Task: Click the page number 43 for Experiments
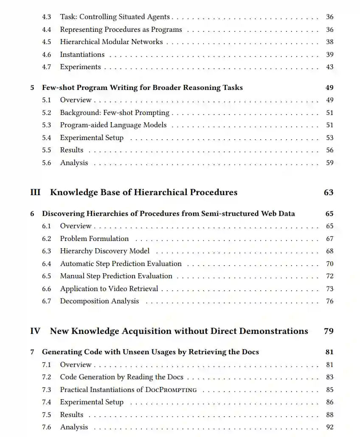[329, 67]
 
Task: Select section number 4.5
[46, 42]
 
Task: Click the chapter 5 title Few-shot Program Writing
[142, 88]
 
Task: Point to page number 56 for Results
[329, 150]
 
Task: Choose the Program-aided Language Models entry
[113, 125]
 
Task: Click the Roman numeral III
[35, 193]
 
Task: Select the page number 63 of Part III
[329, 193]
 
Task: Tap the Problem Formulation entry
[94, 239]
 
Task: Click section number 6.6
[46, 289]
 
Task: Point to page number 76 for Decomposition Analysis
[329, 301]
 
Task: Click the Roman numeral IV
[35, 331]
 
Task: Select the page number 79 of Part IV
[329, 331]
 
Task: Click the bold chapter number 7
[32, 352]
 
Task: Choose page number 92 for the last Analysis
[329, 427]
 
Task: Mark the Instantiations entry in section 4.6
[82, 55]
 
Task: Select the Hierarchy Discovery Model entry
[105, 251]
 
